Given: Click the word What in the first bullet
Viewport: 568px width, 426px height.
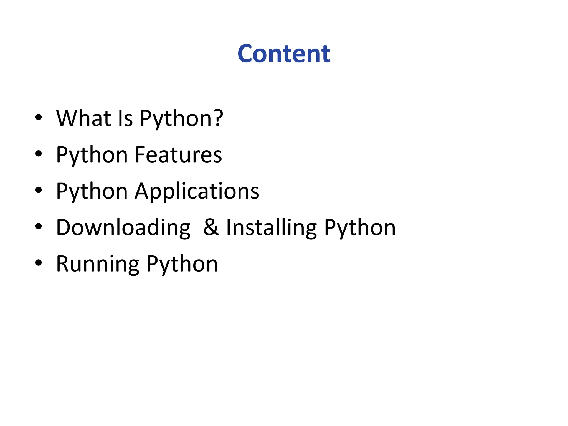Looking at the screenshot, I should coord(83,118).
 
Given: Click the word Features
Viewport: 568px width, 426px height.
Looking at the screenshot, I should coord(178,154).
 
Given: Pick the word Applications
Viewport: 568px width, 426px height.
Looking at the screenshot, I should coord(197,191).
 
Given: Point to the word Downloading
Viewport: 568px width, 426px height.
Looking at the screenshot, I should coord(123,228).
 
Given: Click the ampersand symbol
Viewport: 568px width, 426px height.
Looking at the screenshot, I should coord(211,227).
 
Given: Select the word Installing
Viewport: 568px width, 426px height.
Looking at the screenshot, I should coord(271,228).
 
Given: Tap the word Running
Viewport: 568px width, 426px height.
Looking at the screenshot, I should coord(98,264).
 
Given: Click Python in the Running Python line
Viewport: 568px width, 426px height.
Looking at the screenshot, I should coord(182,264).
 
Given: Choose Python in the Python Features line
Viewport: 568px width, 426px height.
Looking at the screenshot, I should coord(92,155).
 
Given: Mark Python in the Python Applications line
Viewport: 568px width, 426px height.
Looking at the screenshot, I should coord(92,191).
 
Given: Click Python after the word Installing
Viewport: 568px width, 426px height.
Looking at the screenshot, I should coord(360,228).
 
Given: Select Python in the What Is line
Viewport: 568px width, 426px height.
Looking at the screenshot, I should coord(175,119).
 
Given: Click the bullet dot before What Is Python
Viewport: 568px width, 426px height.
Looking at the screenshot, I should coord(39,117).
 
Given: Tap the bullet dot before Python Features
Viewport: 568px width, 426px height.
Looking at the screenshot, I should coord(39,154).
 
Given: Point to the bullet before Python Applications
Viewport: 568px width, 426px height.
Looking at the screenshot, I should coord(39,190).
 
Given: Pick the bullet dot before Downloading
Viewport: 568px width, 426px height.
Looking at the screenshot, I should coord(39,226).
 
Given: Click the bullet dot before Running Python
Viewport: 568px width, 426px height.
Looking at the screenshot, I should coord(39,263).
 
